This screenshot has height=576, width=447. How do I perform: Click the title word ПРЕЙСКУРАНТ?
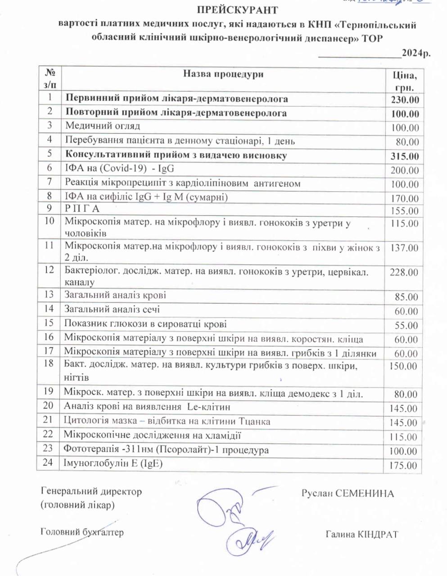coord(237,9)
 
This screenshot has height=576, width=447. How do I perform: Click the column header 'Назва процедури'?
coord(223,74)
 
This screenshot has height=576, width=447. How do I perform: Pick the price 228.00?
coord(403,272)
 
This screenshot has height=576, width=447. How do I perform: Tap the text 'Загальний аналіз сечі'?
coord(112,310)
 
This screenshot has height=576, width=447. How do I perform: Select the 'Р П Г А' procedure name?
coord(82,209)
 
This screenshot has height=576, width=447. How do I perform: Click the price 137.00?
coord(404,248)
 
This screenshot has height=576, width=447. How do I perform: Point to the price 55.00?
coord(406,325)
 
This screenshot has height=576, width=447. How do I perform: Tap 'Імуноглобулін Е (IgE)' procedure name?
coord(113,463)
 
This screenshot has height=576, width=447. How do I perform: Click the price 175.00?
coord(404,465)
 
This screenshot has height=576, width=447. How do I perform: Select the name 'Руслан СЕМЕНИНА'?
coord(348,494)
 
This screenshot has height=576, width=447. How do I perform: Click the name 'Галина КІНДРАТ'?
coord(361,535)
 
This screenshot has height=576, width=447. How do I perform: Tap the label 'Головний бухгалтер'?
coord(82,532)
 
